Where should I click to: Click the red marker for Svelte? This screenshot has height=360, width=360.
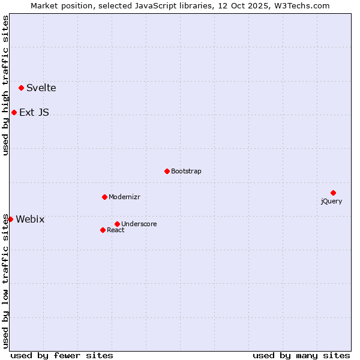coord(22,88)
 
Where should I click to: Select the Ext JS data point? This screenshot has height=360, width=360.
coord(14,112)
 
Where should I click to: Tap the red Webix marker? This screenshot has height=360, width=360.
coord(10,219)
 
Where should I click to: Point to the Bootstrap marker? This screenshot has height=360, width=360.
coord(167,171)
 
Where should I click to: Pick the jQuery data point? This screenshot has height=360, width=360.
coord(333,193)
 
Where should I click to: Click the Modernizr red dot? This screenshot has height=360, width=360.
coord(104,197)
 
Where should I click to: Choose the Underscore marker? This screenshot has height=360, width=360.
coord(117,224)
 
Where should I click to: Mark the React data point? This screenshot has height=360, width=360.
coord(103,230)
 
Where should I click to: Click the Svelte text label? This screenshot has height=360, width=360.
coord(41,88)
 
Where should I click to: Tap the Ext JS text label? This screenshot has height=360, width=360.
coord(34,112)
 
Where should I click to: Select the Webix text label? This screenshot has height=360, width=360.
coord(30,219)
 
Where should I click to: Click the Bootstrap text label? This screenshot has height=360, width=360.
coord(186,171)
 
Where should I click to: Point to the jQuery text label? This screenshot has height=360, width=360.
coord(331,201)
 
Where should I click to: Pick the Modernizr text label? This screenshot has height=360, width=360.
coord(125,197)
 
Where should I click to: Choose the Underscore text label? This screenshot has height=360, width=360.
coord(139,224)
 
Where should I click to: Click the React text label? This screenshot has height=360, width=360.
coord(116,230)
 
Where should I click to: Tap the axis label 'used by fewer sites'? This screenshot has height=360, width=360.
coord(62,355)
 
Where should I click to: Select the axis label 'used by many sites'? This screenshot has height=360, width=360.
coord(301,355)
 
